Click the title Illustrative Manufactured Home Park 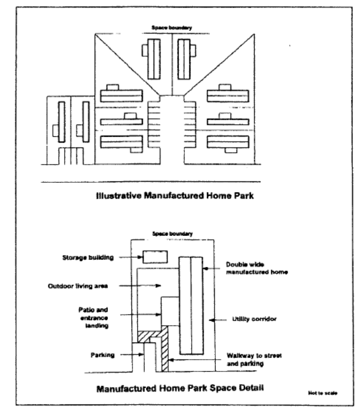click(175, 196)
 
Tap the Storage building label click(86, 258)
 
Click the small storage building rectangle click(155, 257)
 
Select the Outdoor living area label click(77, 286)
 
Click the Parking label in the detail click(101, 355)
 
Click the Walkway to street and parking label click(253, 360)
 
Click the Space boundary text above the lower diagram click(173, 233)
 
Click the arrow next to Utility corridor click(217, 320)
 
